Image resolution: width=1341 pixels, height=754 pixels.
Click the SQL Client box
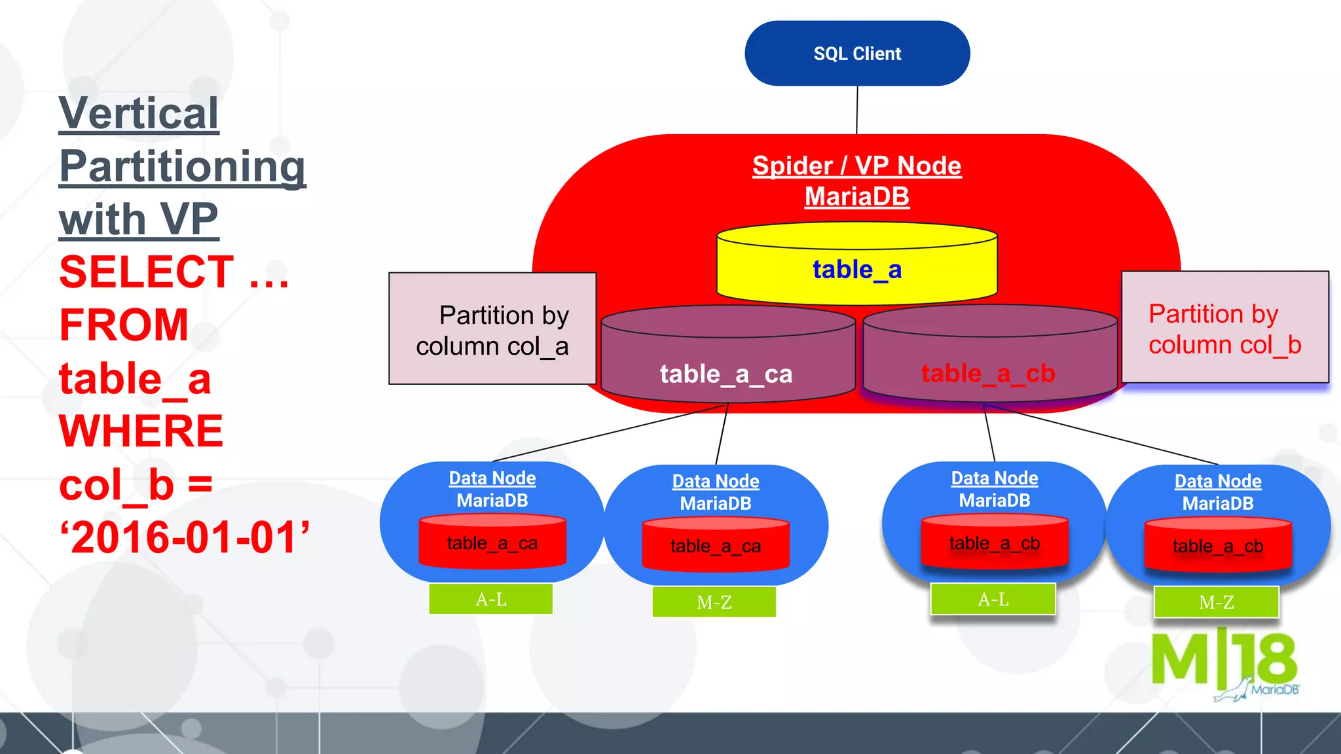[x=856, y=54]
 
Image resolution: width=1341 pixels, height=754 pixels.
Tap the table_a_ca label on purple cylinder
[x=726, y=374]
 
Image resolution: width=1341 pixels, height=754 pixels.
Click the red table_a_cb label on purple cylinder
[x=987, y=374]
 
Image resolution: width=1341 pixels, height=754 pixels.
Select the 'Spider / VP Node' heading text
[x=856, y=166]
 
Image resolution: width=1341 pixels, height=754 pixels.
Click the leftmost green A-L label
[x=490, y=600]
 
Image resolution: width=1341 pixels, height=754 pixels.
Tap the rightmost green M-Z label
[x=1216, y=602]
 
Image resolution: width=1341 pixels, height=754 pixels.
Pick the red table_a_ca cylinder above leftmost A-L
[x=492, y=543]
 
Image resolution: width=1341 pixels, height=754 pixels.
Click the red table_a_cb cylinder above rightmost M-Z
[x=1217, y=546]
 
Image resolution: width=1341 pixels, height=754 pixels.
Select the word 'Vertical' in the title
[x=139, y=114]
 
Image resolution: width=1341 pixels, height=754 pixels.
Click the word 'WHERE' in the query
[x=141, y=431]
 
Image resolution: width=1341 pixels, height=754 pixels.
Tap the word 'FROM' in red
[x=124, y=325]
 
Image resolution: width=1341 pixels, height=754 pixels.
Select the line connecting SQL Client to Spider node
[x=856, y=110]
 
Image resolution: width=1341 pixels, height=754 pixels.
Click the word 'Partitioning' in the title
[x=182, y=167]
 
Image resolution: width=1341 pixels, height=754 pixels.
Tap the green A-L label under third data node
[x=993, y=600]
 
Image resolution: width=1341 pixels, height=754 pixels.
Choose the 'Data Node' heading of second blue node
[x=715, y=482]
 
